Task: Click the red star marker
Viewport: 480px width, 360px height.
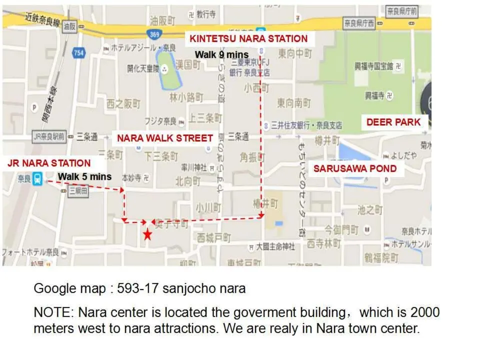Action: point(147,234)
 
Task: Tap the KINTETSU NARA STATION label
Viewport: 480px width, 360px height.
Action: point(248,38)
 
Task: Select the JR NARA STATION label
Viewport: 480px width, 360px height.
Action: point(49,163)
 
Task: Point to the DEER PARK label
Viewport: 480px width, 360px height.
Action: point(393,122)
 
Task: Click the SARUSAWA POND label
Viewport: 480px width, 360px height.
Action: point(354,168)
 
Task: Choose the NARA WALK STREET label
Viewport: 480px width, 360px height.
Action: point(165,138)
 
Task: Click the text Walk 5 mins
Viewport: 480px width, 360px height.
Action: point(84,176)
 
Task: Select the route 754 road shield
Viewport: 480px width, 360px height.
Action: point(78,52)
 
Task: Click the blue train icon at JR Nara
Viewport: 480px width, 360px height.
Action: point(38,178)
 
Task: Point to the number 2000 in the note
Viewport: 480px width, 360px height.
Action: point(424,312)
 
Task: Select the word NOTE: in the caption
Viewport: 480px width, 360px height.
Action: point(53,312)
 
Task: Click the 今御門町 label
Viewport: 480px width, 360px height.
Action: point(341,230)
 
